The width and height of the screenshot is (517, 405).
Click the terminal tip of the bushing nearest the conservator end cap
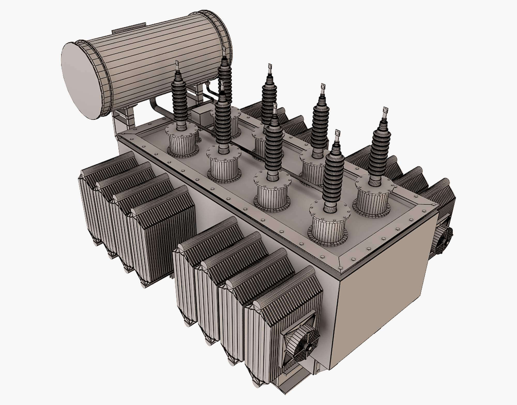[x=177, y=65]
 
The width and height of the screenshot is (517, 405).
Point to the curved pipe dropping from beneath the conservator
[x=156, y=109]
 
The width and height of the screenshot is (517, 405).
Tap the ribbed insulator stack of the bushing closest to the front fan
[x=333, y=178]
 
